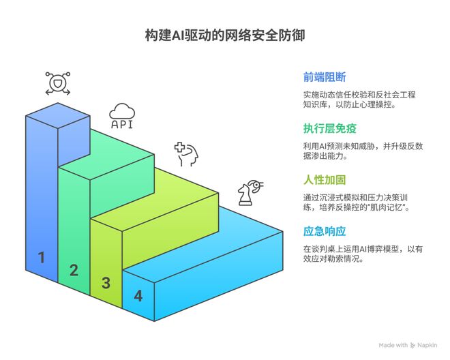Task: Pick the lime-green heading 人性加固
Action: coord(325,180)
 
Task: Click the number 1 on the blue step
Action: coord(42,258)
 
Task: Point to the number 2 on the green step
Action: coord(74,270)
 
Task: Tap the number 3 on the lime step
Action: coord(106,283)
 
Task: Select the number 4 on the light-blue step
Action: coord(138,296)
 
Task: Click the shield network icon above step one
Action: coord(57,82)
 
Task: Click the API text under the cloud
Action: coord(122,125)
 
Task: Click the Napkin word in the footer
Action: coord(428,346)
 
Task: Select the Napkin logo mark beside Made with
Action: coord(412,346)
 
